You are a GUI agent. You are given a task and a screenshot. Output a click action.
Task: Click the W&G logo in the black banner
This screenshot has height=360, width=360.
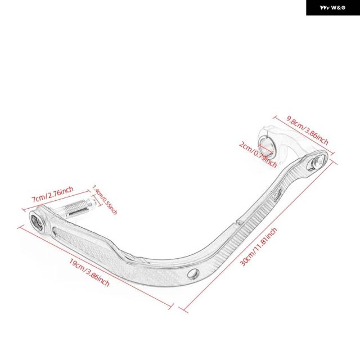332,7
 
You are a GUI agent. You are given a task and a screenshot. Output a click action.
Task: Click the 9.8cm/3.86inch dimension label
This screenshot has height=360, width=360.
308,130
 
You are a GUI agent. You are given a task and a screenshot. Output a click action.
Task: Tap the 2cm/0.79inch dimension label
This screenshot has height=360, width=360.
258,155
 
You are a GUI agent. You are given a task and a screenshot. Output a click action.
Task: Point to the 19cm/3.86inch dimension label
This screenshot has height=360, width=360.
89,273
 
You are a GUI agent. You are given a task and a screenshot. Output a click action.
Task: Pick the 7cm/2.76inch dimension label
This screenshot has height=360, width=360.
52,194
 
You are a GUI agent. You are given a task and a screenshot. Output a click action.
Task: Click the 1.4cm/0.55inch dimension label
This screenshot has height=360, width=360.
105,200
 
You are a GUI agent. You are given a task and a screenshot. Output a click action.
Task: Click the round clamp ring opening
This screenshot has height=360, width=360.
266,146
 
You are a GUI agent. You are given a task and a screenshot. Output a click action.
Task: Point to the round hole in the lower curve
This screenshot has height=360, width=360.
193,273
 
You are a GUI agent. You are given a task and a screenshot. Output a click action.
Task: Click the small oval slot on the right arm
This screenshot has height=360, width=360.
278,195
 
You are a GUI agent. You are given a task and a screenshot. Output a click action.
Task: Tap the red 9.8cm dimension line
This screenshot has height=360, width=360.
304,135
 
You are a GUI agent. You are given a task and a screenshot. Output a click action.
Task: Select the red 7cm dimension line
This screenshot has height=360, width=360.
56,200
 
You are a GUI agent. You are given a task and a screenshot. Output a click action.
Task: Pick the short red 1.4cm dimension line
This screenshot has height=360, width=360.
97,200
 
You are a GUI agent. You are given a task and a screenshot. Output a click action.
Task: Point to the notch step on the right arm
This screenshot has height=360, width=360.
238,222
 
